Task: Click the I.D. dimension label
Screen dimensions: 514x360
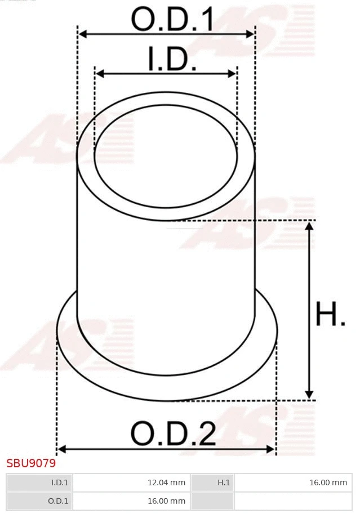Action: click(x=172, y=59)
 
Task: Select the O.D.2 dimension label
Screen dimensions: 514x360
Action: click(x=173, y=434)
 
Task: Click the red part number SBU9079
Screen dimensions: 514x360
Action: click(x=31, y=464)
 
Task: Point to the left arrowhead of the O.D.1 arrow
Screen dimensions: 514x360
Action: click(x=82, y=34)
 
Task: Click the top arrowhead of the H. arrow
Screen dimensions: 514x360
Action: click(x=309, y=226)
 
